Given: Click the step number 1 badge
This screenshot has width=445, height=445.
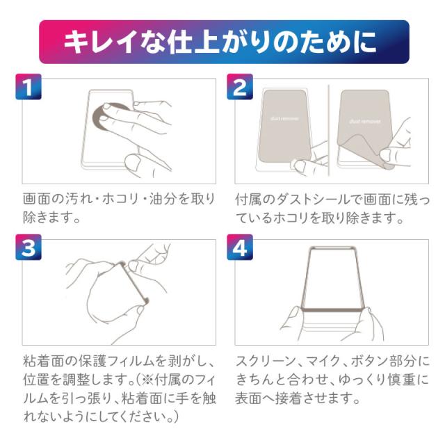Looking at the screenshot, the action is click(29, 86).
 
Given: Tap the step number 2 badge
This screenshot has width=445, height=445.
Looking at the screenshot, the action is click(240, 86).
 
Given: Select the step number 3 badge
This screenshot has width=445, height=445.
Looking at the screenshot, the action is click(29, 248).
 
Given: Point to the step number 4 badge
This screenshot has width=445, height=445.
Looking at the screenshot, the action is click(240, 248).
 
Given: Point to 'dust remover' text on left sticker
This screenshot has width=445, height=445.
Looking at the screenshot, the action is click(284, 118).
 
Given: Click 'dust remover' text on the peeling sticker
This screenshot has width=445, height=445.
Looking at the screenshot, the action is click(364, 121).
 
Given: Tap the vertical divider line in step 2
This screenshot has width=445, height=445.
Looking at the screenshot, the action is click(329, 130).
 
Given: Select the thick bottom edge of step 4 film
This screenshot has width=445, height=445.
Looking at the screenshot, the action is click(332, 309).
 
